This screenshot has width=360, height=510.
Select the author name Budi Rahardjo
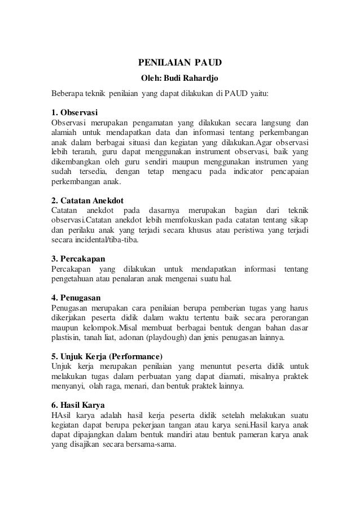coord(194,77)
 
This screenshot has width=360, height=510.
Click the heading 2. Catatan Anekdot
coord(87,200)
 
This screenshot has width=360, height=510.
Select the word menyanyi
coord(67,387)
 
